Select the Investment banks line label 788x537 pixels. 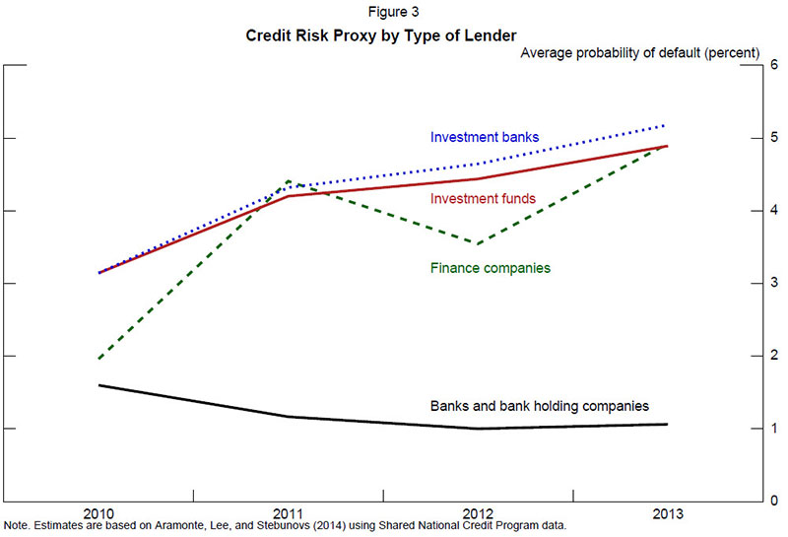tap(485, 137)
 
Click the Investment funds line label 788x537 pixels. tap(484, 199)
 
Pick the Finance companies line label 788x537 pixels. tap(490, 267)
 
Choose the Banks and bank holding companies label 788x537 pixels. tap(540, 405)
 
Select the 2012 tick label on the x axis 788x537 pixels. tap(478, 513)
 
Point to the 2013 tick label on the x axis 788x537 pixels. tap(667, 513)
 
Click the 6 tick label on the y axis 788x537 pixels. tap(774, 66)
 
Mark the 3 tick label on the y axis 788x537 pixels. tap(774, 284)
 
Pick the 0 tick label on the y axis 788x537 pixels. tap(774, 502)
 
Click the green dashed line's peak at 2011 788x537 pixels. tap(288, 180)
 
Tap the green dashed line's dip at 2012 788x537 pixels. tap(478, 243)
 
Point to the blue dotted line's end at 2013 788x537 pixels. tap(667, 125)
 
